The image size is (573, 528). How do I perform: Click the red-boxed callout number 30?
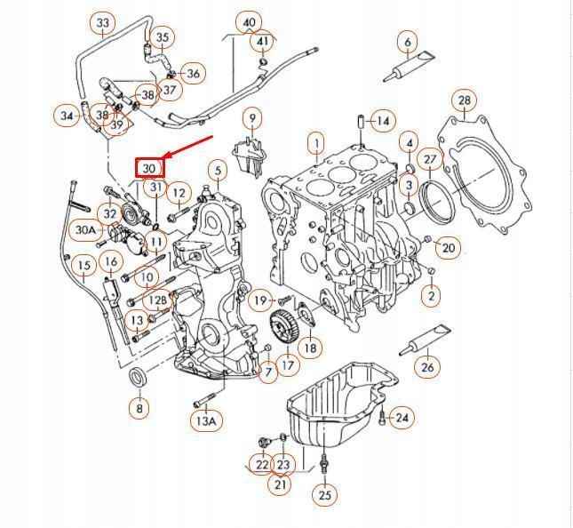[x=149, y=166]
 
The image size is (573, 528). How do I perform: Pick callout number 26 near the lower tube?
[x=428, y=366]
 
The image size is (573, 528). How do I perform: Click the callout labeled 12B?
[x=156, y=300]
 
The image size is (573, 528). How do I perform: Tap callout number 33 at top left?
[x=104, y=22]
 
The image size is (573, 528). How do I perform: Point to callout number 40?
[x=250, y=22]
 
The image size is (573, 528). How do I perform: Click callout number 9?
[x=251, y=117]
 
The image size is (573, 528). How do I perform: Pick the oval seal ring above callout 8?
[x=138, y=378]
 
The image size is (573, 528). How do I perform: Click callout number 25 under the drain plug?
[x=324, y=494]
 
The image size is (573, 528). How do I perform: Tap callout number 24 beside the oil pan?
[x=402, y=417]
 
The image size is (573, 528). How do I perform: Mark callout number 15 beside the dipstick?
[x=84, y=265]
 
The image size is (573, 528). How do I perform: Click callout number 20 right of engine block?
[x=448, y=247]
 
